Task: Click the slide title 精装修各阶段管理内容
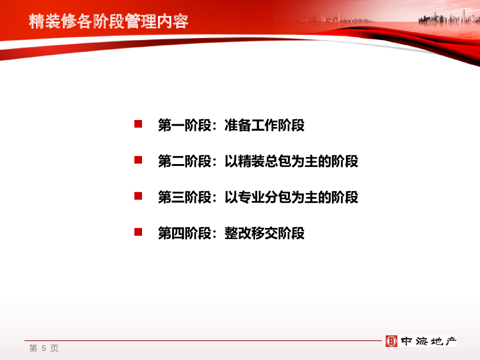(x=109, y=22)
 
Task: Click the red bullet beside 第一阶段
(x=138, y=124)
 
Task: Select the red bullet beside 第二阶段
(x=138, y=160)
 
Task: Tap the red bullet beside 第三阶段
(x=138, y=196)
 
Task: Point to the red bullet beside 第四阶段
(x=138, y=232)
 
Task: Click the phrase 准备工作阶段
(x=264, y=125)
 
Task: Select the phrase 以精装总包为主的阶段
(x=292, y=161)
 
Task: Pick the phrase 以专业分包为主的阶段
(x=292, y=197)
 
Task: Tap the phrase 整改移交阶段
(x=264, y=233)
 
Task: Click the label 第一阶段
(x=185, y=125)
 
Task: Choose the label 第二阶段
(x=185, y=161)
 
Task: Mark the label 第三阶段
(x=185, y=197)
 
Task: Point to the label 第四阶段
(x=185, y=233)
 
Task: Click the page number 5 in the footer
(x=44, y=348)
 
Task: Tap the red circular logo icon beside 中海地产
(x=391, y=341)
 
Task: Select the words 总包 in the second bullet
(x=278, y=161)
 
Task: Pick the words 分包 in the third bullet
(x=278, y=197)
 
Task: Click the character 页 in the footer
(x=54, y=348)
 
